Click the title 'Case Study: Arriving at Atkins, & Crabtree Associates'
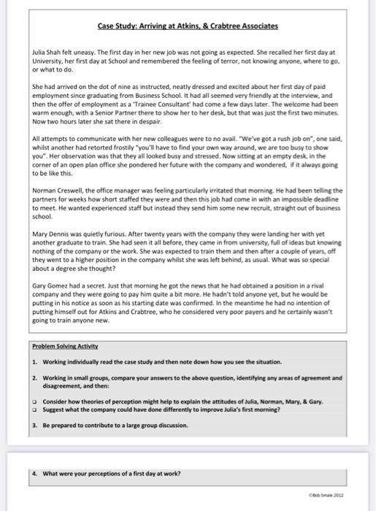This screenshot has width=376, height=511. [x=188, y=26]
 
